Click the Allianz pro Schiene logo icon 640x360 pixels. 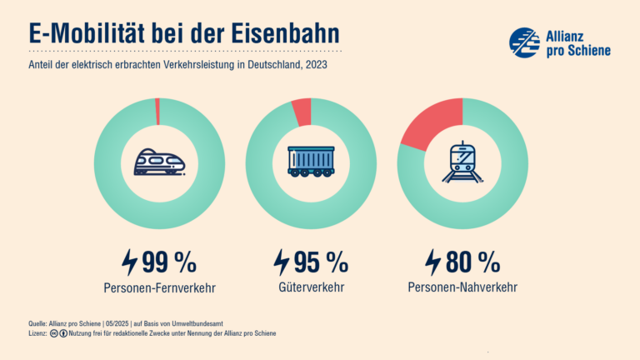coord(524,42)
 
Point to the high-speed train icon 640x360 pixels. coord(160,162)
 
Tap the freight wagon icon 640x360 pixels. coord(311,162)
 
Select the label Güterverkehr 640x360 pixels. coord(311,288)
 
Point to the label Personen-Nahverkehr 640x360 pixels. coord(462,288)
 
